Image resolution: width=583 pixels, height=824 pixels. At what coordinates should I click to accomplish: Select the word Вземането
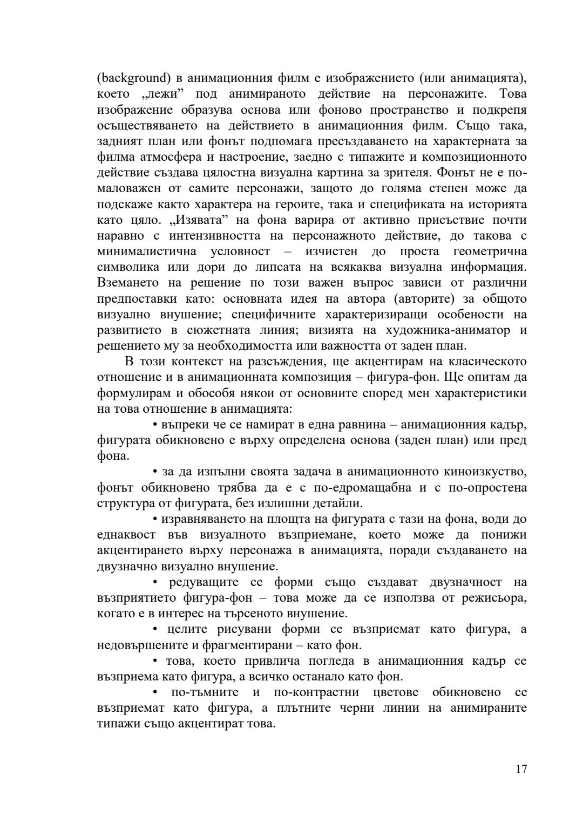(126, 283)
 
